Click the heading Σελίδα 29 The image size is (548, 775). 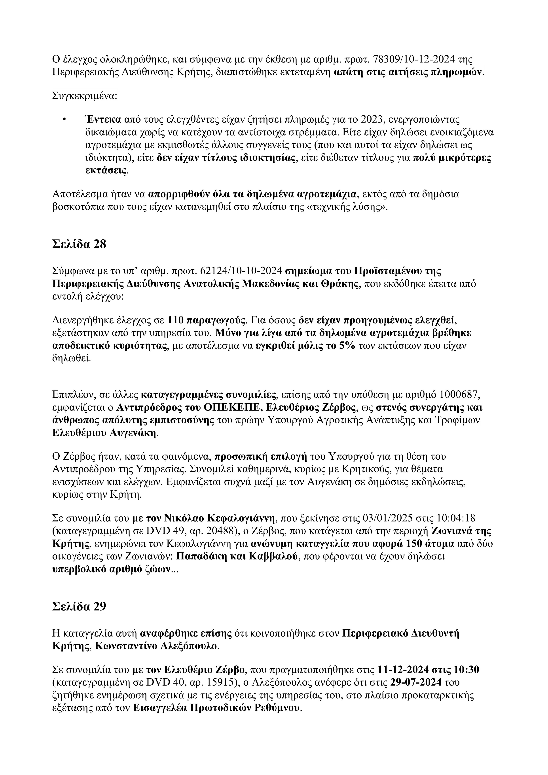pos(79,606)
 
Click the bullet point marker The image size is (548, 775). pos(64,119)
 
